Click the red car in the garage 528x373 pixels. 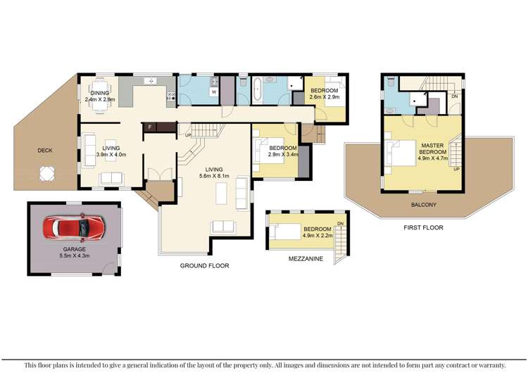73,229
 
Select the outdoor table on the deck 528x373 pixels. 46,172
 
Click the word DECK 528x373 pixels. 45,150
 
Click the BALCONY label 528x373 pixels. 425,205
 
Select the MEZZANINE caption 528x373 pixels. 306,259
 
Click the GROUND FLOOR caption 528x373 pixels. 203,265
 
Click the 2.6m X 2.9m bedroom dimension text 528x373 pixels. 325,96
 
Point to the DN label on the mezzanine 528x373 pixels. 340,224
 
